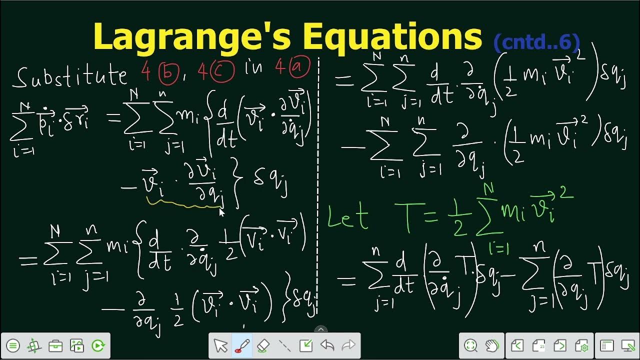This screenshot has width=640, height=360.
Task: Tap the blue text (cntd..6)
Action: tap(536, 43)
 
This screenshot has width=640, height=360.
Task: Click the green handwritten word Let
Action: tap(348, 217)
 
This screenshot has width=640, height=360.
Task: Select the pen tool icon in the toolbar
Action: tap(242, 345)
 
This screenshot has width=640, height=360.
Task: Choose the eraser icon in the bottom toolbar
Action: tap(263, 345)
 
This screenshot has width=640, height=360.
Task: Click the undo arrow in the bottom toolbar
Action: tap(327, 345)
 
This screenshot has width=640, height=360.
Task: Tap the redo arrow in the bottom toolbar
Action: tap(348, 345)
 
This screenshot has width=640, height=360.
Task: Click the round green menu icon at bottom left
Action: tap(13, 345)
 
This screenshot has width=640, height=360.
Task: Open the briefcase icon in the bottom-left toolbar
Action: tap(55, 345)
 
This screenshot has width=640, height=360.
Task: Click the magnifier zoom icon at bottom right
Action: tap(470, 345)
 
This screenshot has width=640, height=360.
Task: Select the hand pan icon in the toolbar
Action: tap(492, 345)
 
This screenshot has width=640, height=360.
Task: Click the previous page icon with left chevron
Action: tap(517, 345)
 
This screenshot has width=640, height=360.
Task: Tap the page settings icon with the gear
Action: tap(581, 345)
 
